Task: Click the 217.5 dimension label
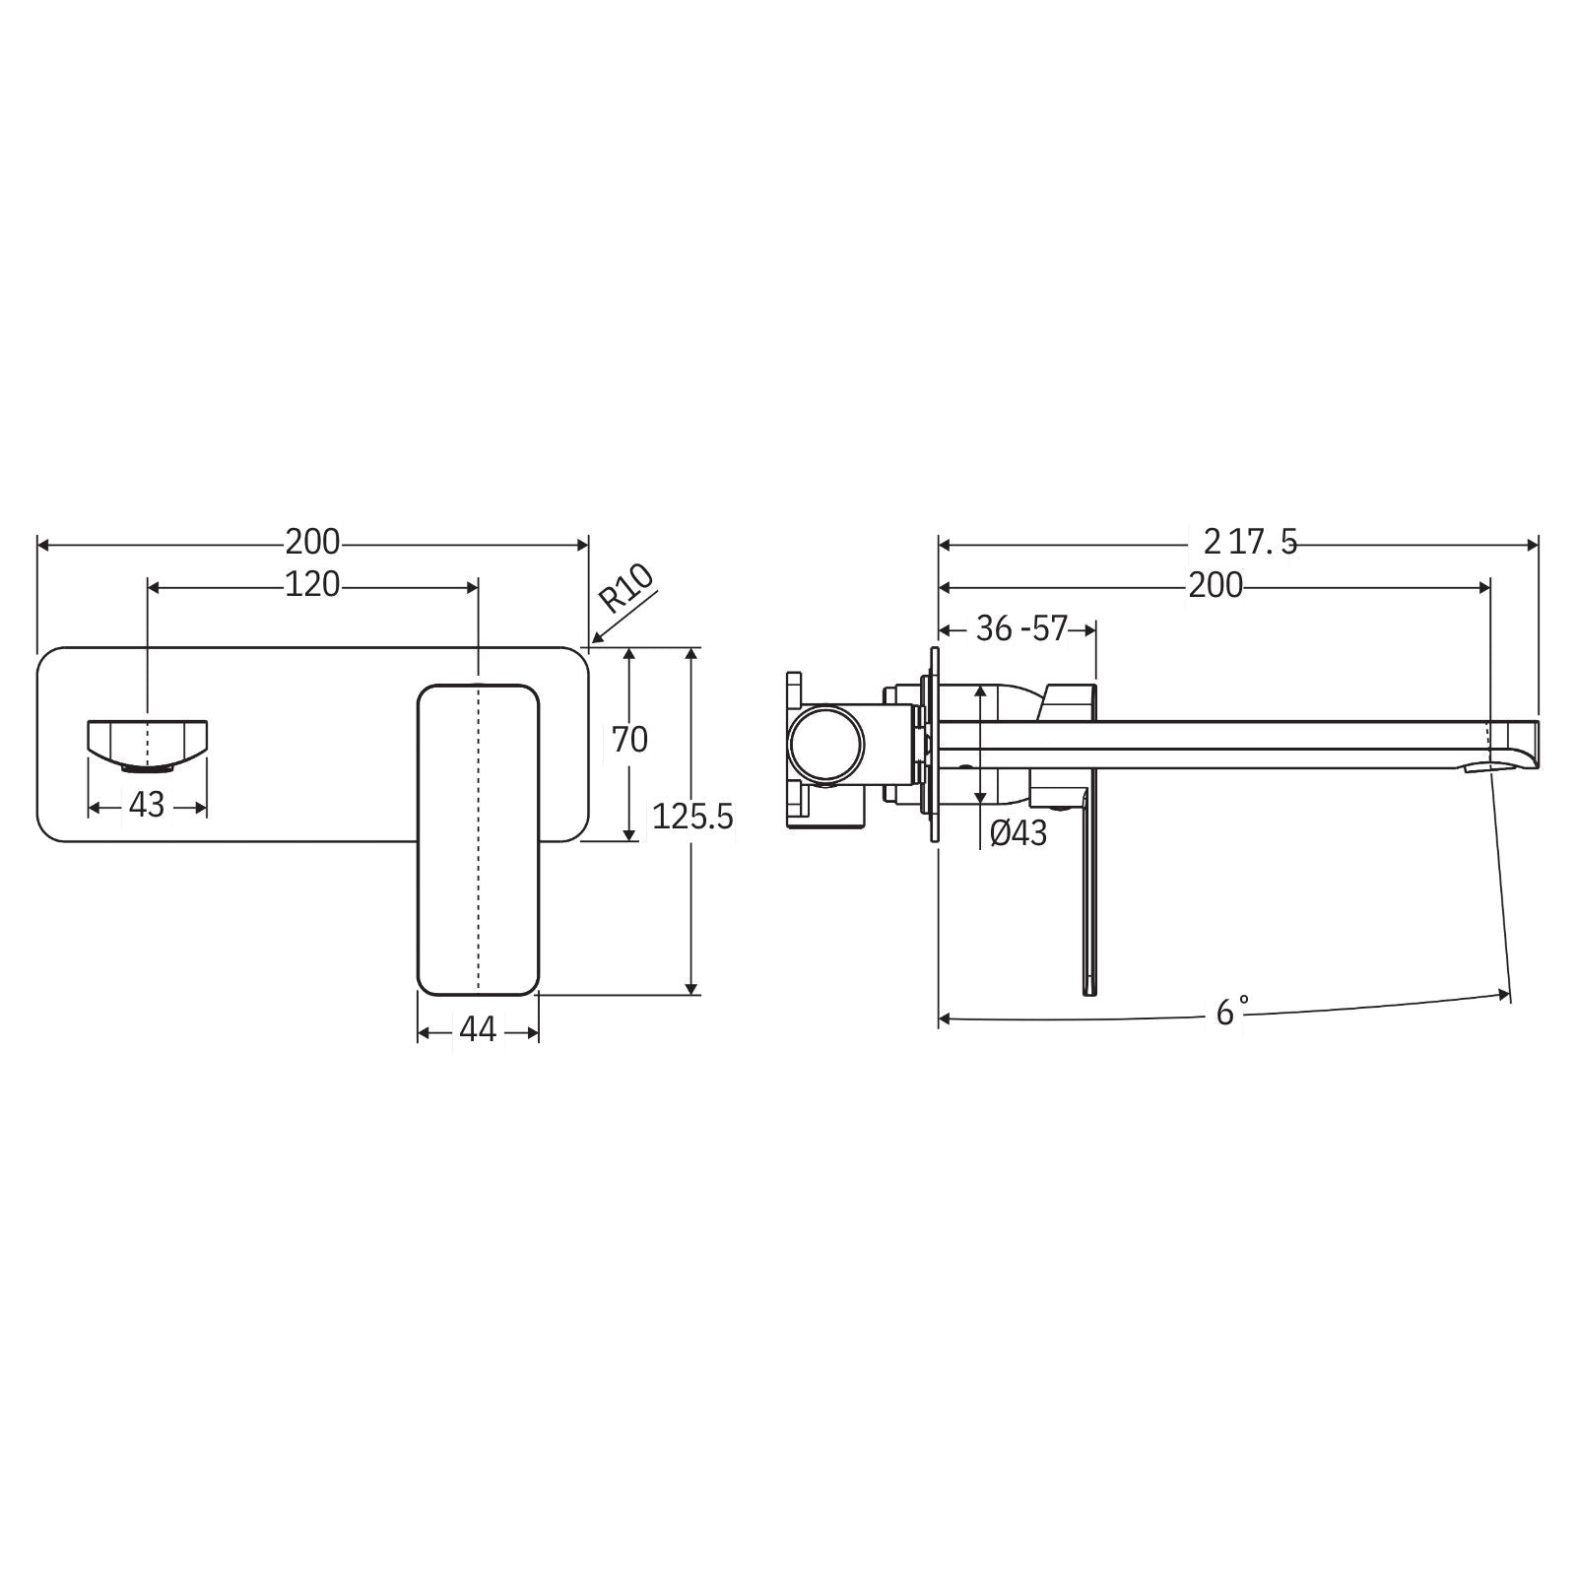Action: tap(1250, 542)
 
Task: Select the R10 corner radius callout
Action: tap(626, 589)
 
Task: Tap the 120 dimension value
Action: tap(312, 585)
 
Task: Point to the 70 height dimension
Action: tap(629, 739)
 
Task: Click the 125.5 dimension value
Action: tap(693, 817)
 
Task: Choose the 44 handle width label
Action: tap(478, 1029)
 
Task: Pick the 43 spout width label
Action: tap(147, 805)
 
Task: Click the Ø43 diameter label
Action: tap(1018, 833)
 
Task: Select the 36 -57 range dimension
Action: tap(1021, 628)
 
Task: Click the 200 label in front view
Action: tap(312, 542)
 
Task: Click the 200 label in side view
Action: tap(1215, 586)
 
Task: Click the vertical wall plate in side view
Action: tap(933, 744)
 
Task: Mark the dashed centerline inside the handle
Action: tap(478, 837)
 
